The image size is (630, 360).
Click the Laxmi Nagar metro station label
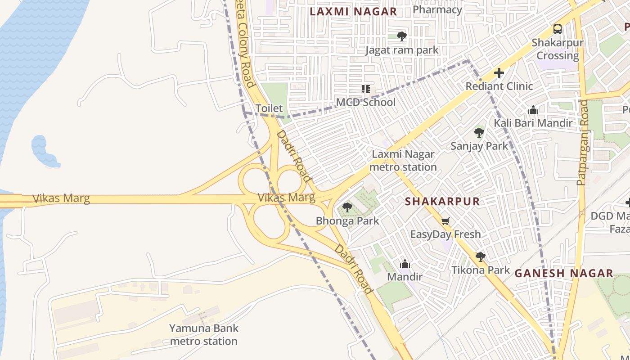(x=403, y=161)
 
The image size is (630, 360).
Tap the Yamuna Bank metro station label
(x=204, y=334)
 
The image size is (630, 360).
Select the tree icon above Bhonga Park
(x=347, y=207)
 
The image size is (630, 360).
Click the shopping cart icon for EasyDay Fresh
(x=445, y=220)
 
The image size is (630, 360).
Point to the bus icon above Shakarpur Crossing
(x=558, y=29)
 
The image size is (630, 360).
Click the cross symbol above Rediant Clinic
(x=499, y=72)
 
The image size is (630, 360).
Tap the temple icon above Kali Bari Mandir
(x=533, y=110)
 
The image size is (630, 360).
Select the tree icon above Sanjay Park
(x=479, y=132)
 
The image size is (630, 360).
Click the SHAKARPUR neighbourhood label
(x=442, y=201)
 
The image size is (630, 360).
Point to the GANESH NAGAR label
(x=564, y=273)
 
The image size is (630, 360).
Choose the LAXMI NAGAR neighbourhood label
(x=353, y=12)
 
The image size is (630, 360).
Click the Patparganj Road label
(x=582, y=143)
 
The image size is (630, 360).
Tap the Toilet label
(x=269, y=108)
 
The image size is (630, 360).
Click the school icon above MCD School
(x=366, y=89)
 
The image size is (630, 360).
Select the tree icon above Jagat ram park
(x=402, y=36)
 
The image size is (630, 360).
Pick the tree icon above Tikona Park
(x=481, y=256)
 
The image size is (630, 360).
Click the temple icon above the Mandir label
(x=405, y=264)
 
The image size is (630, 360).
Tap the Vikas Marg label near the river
(x=61, y=198)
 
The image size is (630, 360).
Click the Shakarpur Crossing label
(x=558, y=49)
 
